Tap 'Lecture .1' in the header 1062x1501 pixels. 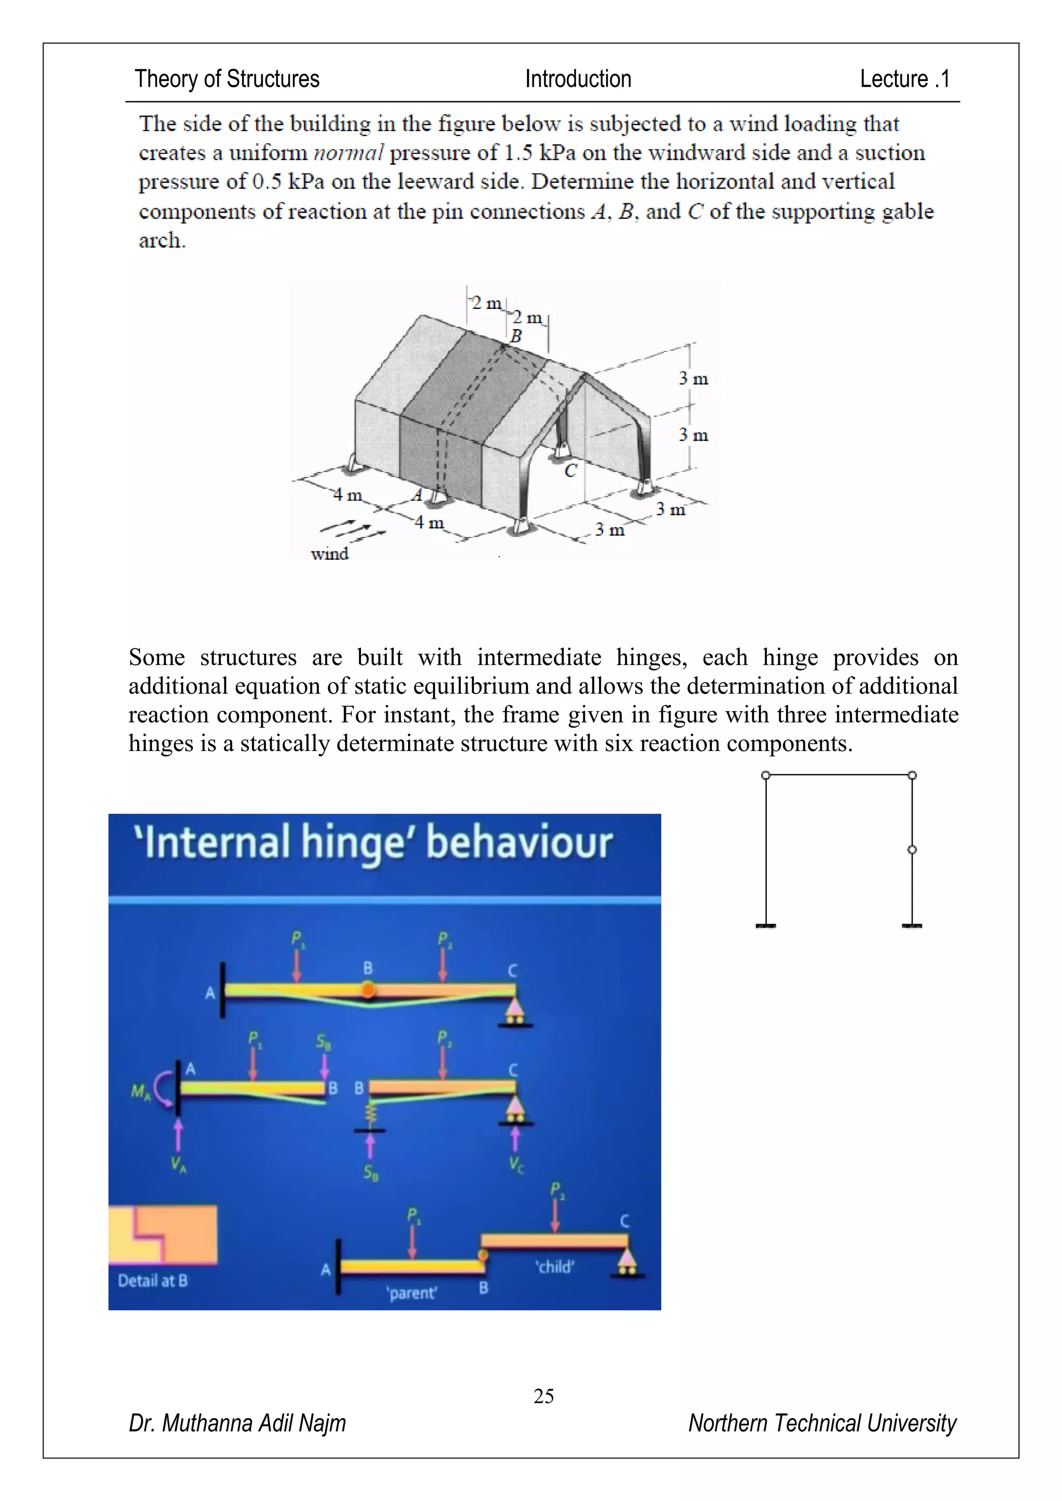(x=904, y=79)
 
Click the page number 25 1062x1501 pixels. (x=543, y=1396)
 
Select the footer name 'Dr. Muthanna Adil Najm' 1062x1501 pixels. (x=237, y=1423)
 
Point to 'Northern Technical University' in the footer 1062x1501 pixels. (x=822, y=1423)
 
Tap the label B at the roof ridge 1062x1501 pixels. (x=516, y=336)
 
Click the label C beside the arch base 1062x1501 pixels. (x=570, y=470)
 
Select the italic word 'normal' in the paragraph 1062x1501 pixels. (x=348, y=153)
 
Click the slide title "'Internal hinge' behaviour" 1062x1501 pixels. (x=373, y=842)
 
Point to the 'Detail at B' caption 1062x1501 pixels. (x=152, y=1281)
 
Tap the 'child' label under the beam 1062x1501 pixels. (x=554, y=1267)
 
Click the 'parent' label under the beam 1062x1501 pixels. (x=412, y=1293)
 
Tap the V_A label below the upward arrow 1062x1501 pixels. (x=178, y=1164)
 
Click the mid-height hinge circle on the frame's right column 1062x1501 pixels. (x=912, y=849)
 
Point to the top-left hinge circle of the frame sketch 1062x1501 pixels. (x=766, y=775)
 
